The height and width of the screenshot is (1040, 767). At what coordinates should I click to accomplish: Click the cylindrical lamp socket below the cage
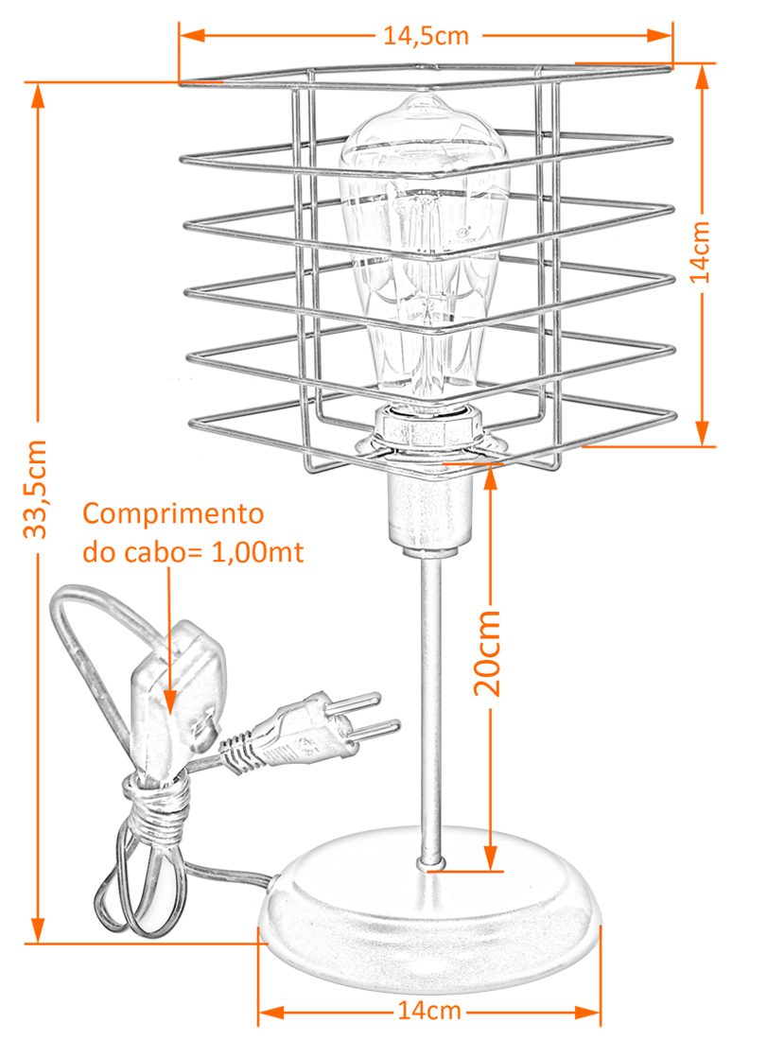click(x=430, y=511)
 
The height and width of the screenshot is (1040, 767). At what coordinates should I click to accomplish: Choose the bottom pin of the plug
click(x=378, y=732)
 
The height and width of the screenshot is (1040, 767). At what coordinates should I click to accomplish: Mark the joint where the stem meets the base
click(x=430, y=862)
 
